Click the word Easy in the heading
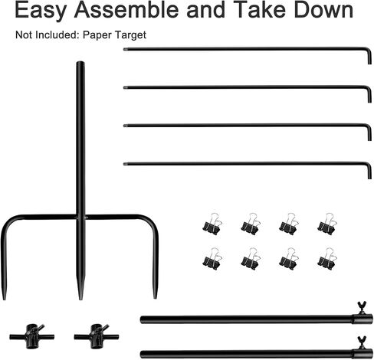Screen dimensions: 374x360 41,11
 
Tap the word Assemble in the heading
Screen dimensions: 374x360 126,10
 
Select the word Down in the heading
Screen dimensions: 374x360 323,10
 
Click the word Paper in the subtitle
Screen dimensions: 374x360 97,35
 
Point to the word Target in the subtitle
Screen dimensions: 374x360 130,35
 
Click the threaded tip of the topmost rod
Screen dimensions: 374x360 125,49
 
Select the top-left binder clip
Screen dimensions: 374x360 212,224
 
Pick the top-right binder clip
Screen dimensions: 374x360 327,224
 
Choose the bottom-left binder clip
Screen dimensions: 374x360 212,259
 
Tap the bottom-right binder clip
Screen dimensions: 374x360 327,259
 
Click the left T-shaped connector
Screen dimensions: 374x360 32,337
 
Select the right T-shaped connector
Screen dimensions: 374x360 97,337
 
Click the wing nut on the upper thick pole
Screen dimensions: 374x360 362,307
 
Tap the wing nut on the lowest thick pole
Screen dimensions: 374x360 362,342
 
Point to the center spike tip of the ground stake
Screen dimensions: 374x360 80,299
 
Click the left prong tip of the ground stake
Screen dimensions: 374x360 4,299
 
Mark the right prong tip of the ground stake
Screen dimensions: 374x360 155,298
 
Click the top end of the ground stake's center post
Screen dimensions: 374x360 80,62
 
